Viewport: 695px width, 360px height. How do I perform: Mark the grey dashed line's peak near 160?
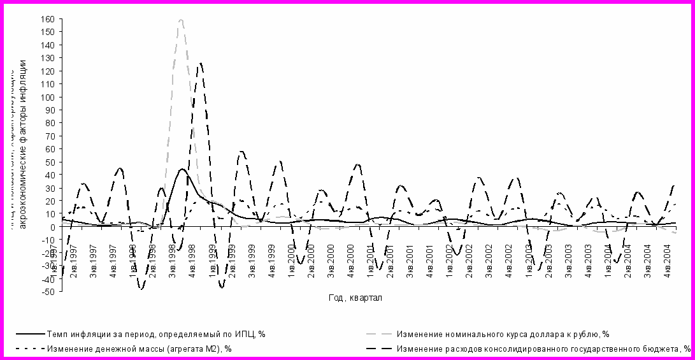(x=181, y=20)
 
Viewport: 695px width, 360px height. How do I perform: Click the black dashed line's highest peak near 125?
(x=200, y=64)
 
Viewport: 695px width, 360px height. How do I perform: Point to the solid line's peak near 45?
(x=182, y=169)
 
